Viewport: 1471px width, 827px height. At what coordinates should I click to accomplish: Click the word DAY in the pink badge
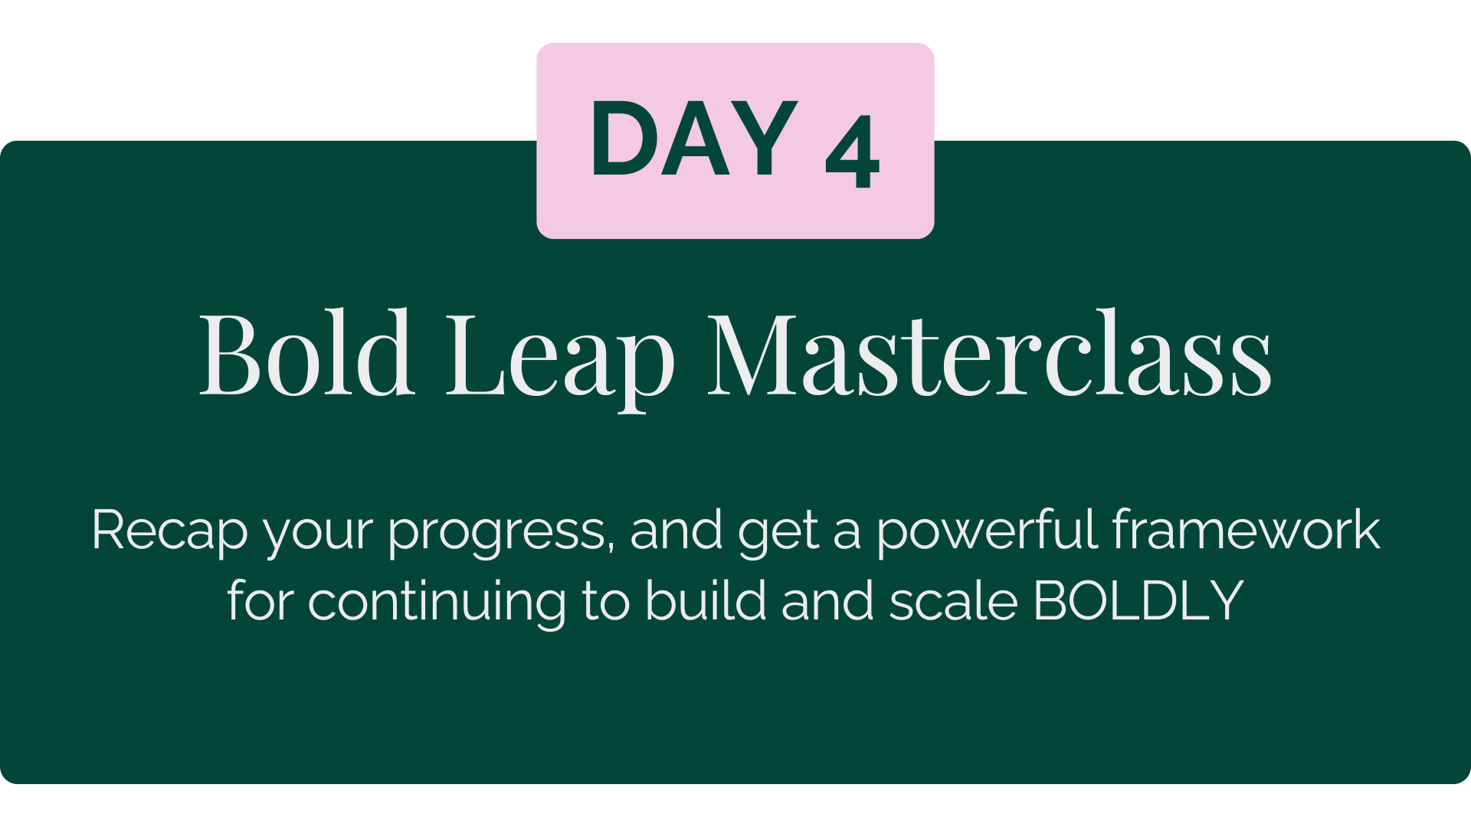(x=694, y=139)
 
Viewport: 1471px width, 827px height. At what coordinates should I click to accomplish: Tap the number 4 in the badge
(x=852, y=151)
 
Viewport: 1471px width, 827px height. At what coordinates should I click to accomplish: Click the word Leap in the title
(x=561, y=360)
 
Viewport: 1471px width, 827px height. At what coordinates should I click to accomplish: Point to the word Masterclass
(x=989, y=354)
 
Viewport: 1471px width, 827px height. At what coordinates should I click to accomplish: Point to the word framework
(x=1246, y=529)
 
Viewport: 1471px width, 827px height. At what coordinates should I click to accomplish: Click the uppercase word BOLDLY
(x=1138, y=600)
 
